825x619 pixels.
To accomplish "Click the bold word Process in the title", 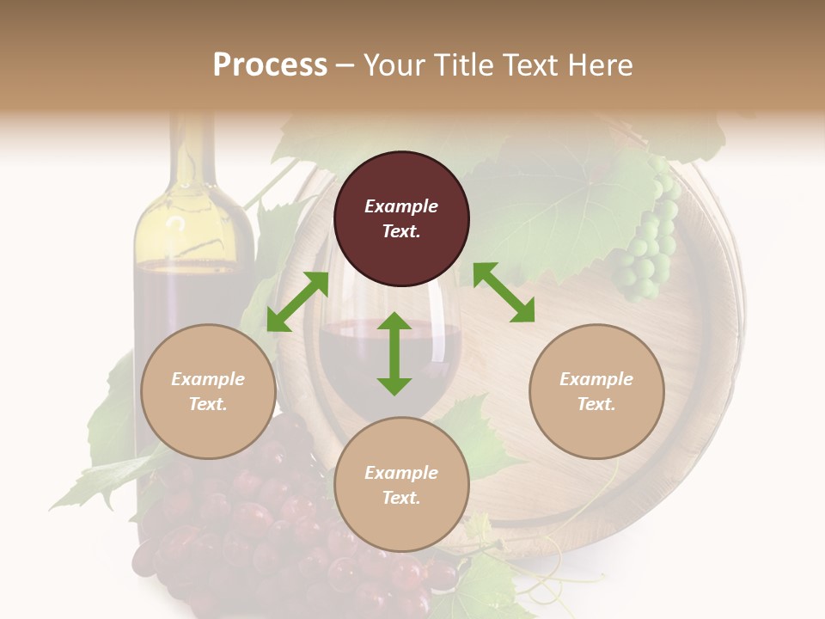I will (x=270, y=64).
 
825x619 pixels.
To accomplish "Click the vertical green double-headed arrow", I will (x=394, y=353).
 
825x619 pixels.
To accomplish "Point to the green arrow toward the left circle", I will (x=297, y=302).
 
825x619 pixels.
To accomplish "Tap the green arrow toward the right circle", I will (x=504, y=292).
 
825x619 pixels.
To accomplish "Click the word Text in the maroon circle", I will (x=400, y=231).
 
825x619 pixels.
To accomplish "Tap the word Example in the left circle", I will (x=208, y=379).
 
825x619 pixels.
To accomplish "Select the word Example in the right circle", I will (x=596, y=379).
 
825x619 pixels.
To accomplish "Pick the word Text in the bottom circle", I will (x=400, y=498).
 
